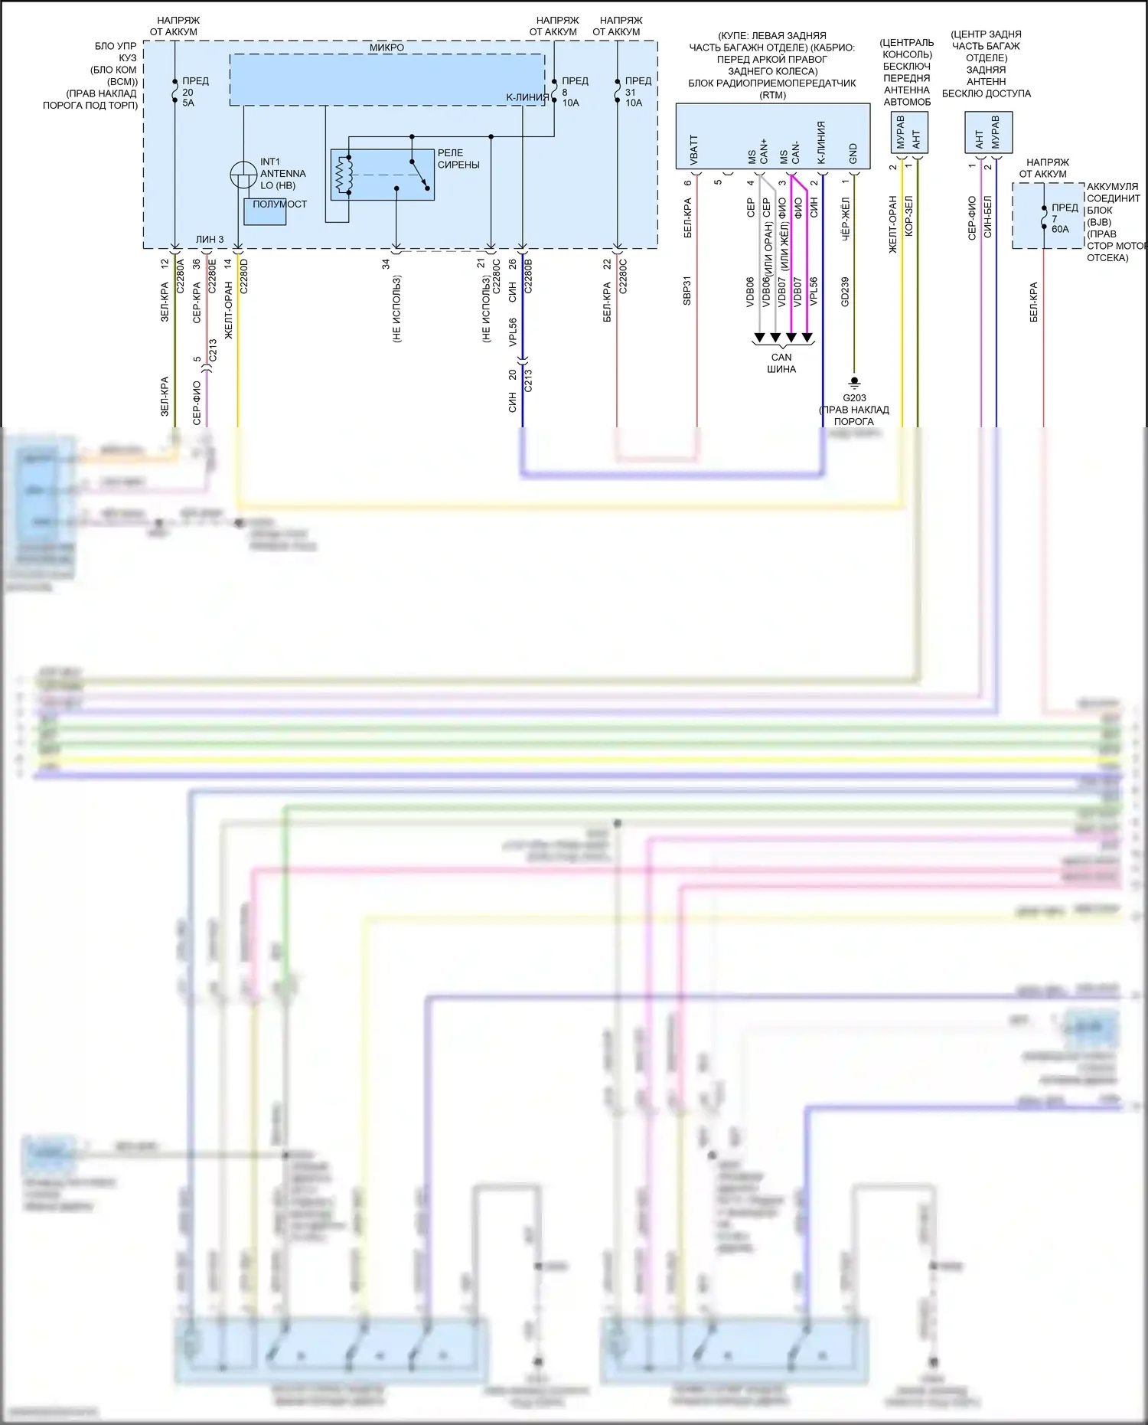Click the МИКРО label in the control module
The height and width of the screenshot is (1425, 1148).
386,47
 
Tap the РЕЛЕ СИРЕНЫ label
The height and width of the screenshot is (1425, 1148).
458,159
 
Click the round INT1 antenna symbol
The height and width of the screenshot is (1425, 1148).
243,175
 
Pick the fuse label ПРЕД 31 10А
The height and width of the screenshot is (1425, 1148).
637,92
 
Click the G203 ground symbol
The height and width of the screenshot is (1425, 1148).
855,382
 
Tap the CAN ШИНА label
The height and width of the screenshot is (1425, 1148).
781,363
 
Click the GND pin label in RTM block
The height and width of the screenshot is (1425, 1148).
853,153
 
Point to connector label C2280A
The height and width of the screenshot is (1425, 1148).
181,276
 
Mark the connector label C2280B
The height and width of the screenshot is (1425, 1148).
528,276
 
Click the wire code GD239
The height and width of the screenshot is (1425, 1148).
845,292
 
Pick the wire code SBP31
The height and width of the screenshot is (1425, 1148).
687,291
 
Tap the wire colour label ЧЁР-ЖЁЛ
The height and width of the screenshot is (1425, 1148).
846,220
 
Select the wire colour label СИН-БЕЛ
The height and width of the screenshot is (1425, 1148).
988,217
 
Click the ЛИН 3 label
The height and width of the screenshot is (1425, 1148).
210,240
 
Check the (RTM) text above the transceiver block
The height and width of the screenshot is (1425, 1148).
772,95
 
